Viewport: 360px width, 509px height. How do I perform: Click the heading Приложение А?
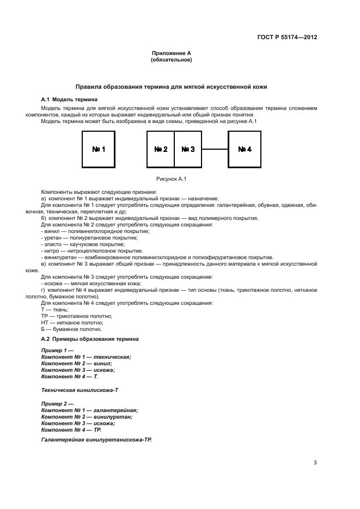tap(171, 53)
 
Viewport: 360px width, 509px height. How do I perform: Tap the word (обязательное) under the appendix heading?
tap(171, 60)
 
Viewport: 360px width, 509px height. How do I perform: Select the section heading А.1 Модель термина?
tap(70, 100)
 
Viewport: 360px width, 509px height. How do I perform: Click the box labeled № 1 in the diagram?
tap(99, 149)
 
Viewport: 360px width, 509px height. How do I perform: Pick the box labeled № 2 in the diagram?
tap(161, 149)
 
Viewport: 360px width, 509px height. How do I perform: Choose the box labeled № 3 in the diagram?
tap(188, 149)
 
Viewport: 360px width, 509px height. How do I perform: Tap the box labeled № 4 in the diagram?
tap(245, 149)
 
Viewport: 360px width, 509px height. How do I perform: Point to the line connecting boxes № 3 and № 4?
tap(215, 149)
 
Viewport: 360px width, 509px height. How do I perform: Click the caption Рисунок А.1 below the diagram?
tap(171, 178)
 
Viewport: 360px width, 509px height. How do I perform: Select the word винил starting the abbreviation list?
tap(50, 231)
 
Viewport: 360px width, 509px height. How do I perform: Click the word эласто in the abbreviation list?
tap(52, 244)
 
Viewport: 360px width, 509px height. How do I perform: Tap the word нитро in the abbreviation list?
tap(51, 251)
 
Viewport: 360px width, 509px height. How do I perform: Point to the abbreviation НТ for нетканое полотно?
tap(45, 322)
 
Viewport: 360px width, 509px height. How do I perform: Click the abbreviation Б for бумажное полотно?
tap(43, 329)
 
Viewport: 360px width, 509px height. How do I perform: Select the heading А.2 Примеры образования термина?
tap(90, 339)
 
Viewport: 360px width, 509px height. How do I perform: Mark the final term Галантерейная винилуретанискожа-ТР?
tap(96, 438)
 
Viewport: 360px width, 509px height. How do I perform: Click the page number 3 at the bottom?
tap(315, 463)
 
